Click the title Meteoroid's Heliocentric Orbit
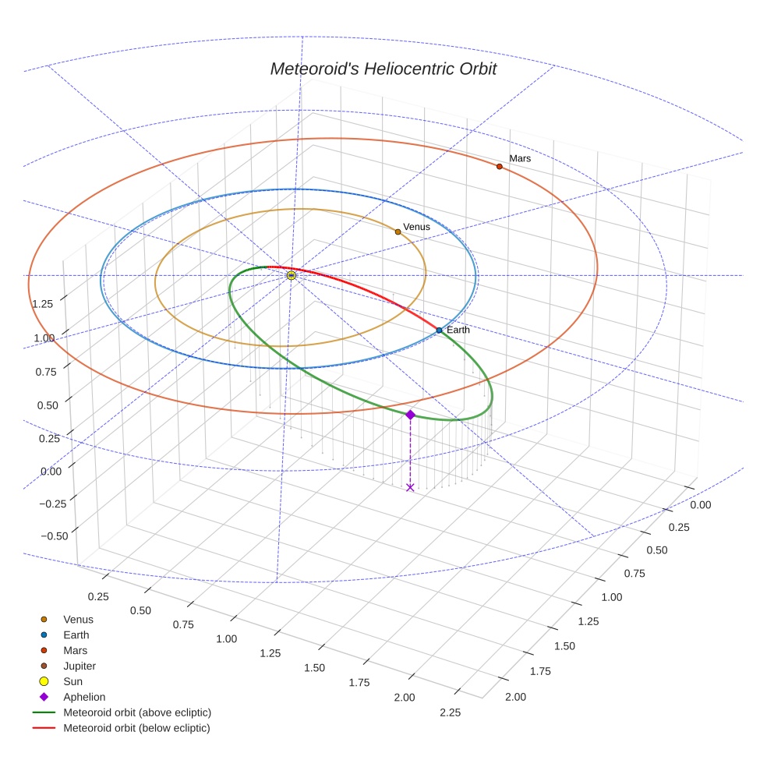point(383,69)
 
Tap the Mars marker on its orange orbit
point(500,166)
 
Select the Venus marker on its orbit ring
point(398,232)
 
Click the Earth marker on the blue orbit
point(439,330)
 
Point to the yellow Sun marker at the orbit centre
point(291,275)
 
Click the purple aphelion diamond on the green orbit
point(410,415)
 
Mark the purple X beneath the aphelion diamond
point(410,488)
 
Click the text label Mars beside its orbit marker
point(520,158)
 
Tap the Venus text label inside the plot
point(416,227)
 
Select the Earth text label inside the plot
point(458,330)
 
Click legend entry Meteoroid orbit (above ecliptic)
point(137,712)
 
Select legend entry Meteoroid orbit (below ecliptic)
point(136,728)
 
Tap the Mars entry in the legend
point(75,650)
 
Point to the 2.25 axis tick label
point(450,712)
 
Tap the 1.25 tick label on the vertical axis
point(43,303)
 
